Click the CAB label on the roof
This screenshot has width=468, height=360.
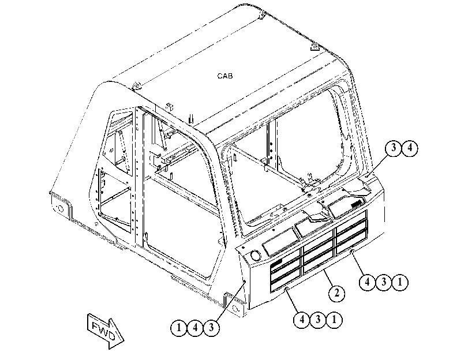[224, 76]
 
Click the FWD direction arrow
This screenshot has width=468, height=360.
[106, 331]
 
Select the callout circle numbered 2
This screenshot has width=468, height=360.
[336, 293]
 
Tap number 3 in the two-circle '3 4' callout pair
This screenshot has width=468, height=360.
[394, 148]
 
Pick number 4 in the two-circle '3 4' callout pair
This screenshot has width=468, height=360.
[410, 148]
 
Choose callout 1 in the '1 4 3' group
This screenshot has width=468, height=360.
[178, 328]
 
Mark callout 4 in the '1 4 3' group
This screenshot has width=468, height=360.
[195, 328]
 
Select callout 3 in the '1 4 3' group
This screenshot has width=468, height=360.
[211, 328]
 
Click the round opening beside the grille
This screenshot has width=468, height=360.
[256, 256]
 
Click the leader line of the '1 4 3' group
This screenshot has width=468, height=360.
[230, 301]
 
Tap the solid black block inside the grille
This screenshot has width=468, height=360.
[276, 262]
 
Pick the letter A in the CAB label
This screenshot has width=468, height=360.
[224, 76]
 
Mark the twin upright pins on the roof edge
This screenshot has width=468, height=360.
[191, 119]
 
